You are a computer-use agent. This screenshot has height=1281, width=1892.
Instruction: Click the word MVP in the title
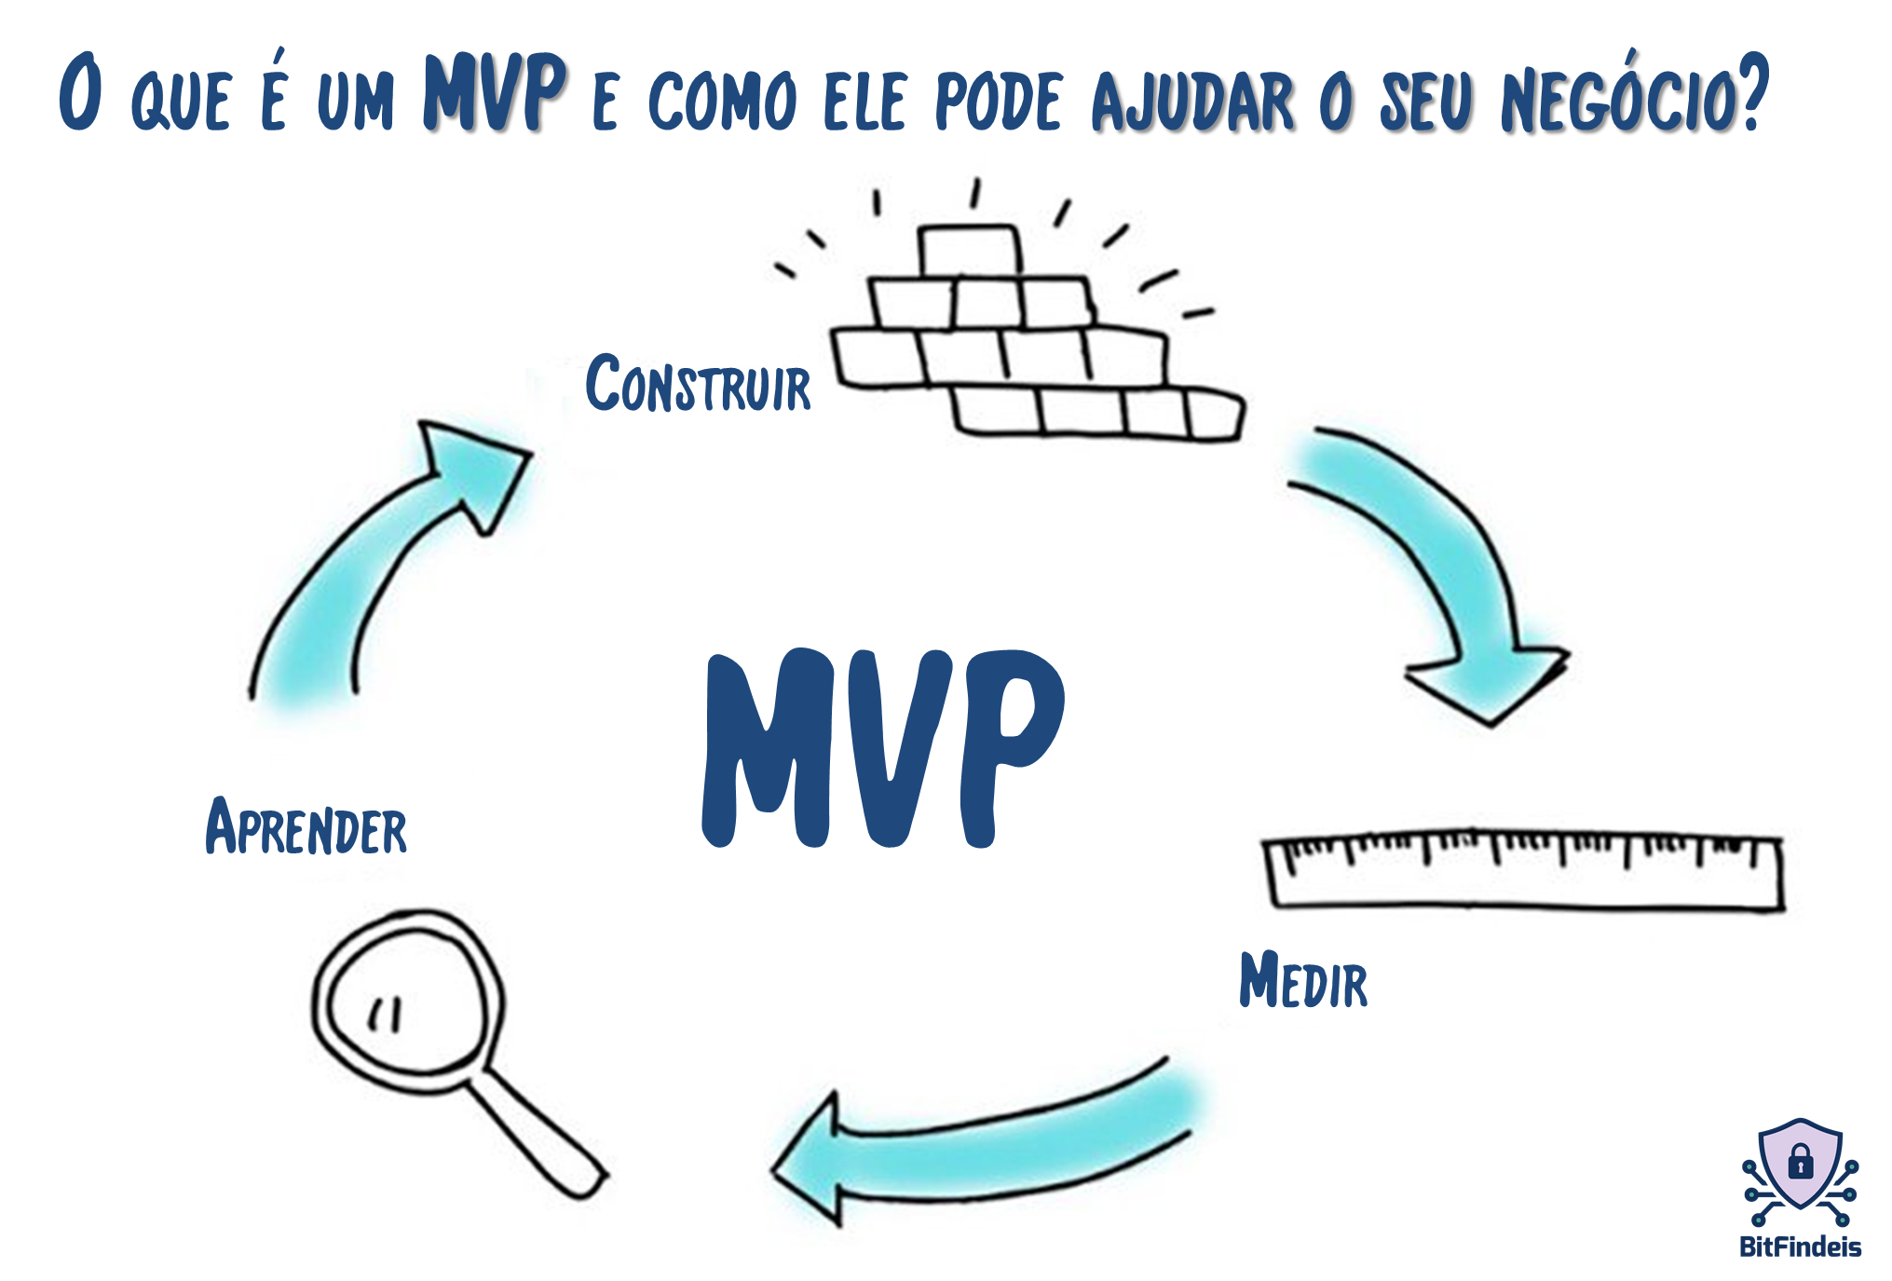[x=495, y=92]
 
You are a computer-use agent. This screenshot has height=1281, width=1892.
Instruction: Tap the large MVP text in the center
[x=883, y=748]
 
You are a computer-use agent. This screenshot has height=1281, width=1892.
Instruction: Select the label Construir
[x=698, y=384]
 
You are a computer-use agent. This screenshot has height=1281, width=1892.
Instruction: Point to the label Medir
[x=1302, y=980]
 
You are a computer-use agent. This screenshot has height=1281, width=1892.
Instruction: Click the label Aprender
[x=306, y=827]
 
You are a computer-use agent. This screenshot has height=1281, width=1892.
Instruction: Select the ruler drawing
[x=1523, y=871]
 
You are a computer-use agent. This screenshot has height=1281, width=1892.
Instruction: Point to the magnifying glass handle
[x=540, y=1137]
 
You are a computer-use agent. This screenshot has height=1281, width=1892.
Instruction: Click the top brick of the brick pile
[x=969, y=251]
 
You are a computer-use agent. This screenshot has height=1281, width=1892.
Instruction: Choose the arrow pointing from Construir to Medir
[x=1435, y=568]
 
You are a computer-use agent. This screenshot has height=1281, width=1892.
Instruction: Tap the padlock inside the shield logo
[x=1801, y=1164]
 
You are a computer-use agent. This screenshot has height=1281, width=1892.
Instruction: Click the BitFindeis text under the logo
[x=1800, y=1247]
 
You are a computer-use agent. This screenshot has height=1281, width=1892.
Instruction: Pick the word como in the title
[x=723, y=101]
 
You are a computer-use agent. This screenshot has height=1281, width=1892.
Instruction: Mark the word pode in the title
[x=998, y=101]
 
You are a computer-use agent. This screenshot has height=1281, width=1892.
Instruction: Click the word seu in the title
[x=1426, y=101]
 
